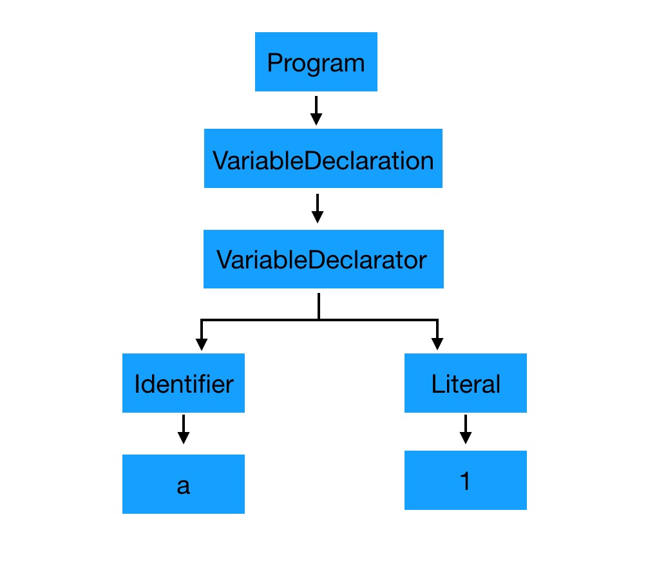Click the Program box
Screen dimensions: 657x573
pyautogui.click(x=316, y=62)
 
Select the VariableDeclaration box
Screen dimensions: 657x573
pyautogui.click(x=323, y=158)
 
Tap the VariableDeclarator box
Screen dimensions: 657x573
pyautogui.click(x=323, y=259)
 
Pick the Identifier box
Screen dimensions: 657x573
pyautogui.click(x=184, y=383)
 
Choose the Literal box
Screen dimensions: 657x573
pyautogui.click(x=466, y=383)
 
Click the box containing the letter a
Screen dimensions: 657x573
pyautogui.click(x=184, y=484)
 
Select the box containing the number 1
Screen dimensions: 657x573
pyautogui.click(x=466, y=480)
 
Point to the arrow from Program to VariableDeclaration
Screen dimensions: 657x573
pyautogui.click(x=316, y=111)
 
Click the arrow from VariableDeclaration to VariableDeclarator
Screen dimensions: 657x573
pyautogui.click(x=317, y=208)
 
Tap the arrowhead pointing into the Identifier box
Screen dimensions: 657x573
pyautogui.click(x=202, y=344)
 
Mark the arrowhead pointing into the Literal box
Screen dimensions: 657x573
pyautogui.click(x=437, y=344)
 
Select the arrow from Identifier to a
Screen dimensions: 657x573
pyautogui.click(x=184, y=429)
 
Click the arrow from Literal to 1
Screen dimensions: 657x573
pyautogui.click(x=466, y=429)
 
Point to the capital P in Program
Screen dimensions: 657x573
pyautogui.click(x=274, y=62)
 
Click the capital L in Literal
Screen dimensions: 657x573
pyautogui.click(x=437, y=384)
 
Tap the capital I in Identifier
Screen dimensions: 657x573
pyautogui.click(x=137, y=384)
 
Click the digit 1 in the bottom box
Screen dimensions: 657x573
pyautogui.click(x=464, y=480)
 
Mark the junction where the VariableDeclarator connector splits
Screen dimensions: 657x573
pyautogui.click(x=319, y=320)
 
